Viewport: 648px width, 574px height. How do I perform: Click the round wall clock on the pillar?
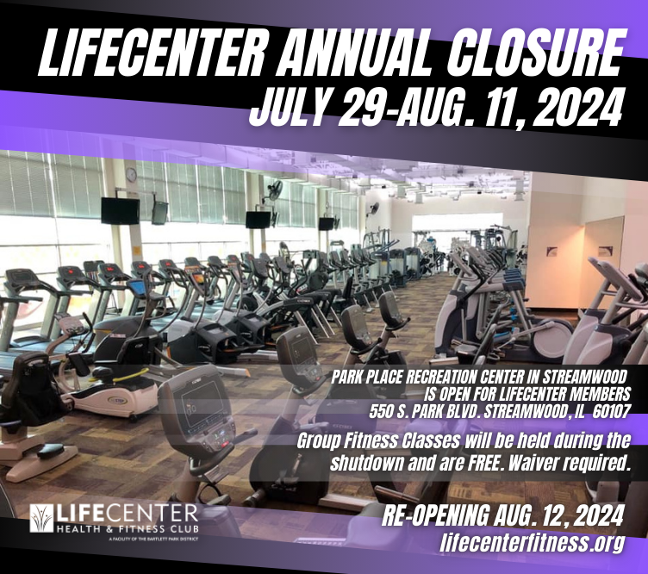coord(131,174)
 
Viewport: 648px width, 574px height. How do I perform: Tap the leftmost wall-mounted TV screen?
coord(120,210)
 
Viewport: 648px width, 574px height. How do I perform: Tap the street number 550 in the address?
coord(381,409)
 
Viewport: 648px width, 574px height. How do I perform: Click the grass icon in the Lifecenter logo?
coord(40,517)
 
